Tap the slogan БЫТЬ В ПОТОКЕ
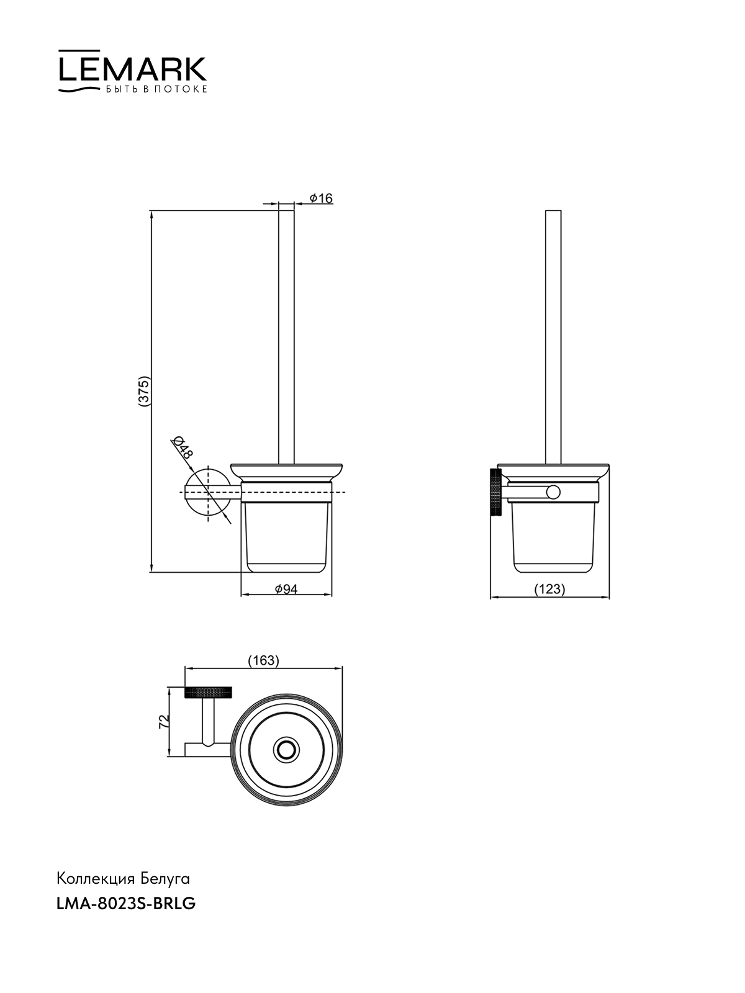(x=156, y=89)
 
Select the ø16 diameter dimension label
(x=321, y=198)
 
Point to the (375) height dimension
(x=144, y=392)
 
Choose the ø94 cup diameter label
(x=286, y=588)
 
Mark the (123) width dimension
(x=549, y=589)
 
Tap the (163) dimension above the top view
(x=264, y=660)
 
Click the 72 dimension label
(x=164, y=721)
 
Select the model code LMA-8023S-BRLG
(x=126, y=904)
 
